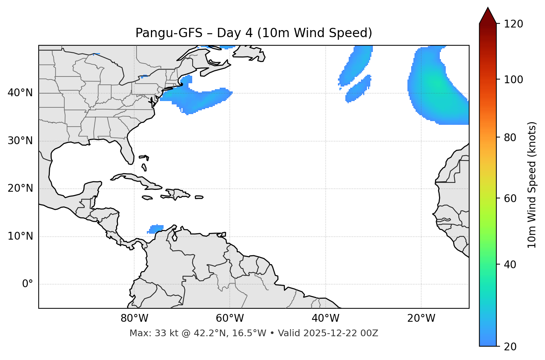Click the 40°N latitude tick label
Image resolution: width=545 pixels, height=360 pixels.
[20, 93]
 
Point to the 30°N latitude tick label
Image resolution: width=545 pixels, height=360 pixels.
[20, 141]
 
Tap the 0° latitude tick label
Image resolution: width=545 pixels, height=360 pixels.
[28, 284]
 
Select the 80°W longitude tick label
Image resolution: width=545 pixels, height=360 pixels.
[134, 318]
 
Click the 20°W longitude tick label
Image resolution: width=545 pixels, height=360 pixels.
[421, 318]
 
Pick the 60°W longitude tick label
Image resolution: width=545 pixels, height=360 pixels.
[230, 318]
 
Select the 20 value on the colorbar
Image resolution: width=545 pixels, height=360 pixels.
[510, 347]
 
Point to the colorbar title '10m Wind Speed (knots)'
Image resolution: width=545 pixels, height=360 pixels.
[532, 185]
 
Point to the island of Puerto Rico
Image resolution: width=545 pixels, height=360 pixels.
[199, 197]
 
